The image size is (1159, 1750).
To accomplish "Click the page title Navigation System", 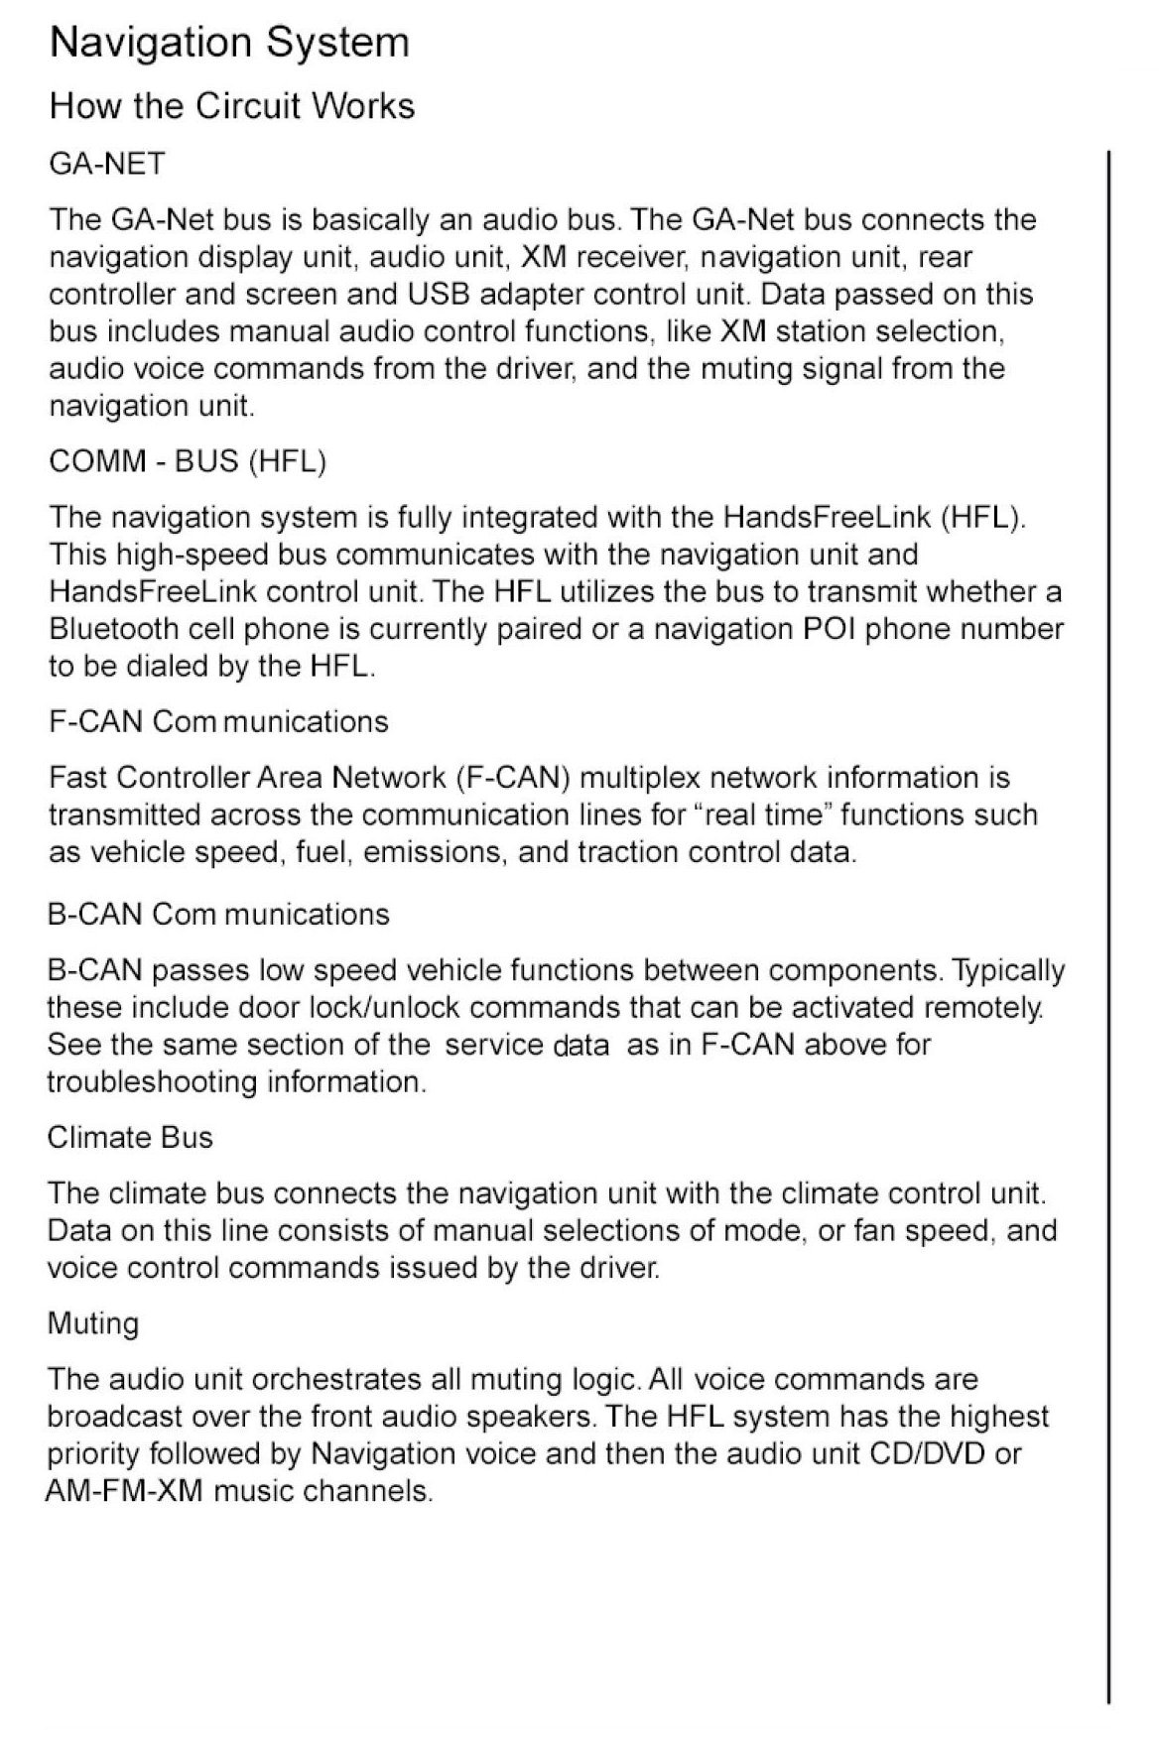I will click(229, 44).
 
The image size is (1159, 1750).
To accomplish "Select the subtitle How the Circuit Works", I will click(232, 106).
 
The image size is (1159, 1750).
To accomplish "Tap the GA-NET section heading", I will click(107, 163).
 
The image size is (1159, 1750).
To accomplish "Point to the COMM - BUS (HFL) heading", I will click(188, 461).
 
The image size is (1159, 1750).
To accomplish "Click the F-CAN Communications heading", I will click(218, 721).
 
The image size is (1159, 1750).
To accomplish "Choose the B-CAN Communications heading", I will click(218, 914).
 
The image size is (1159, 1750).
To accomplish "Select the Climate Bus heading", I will click(130, 1137).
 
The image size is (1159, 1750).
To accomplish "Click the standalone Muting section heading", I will click(93, 1323).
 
